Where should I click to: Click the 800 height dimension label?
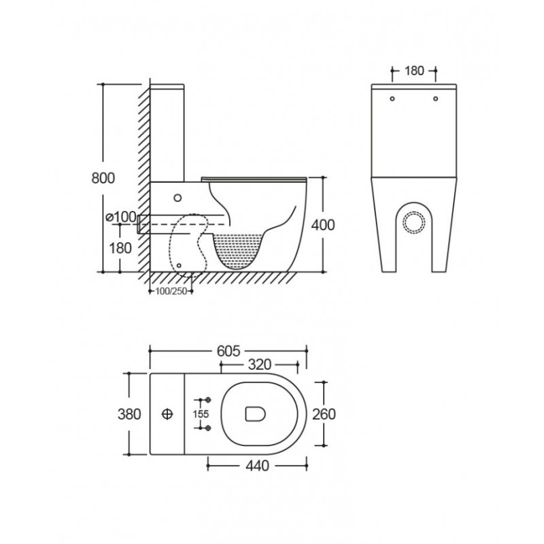click(103, 178)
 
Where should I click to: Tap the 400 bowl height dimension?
click(323, 225)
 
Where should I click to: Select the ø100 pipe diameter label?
click(122, 217)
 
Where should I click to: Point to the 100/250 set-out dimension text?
click(171, 292)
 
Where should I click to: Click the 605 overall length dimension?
click(228, 351)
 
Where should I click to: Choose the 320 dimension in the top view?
click(260, 364)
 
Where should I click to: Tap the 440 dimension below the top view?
click(258, 466)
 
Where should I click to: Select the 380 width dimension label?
click(129, 414)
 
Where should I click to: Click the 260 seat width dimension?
click(324, 414)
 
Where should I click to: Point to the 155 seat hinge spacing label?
click(201, 414)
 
